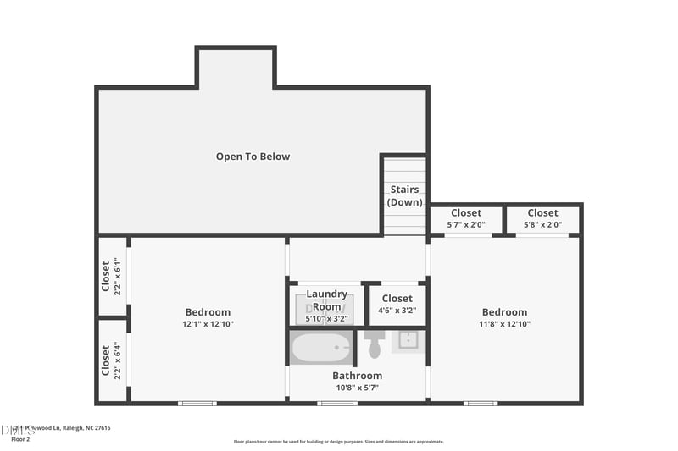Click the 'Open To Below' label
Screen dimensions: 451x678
253,157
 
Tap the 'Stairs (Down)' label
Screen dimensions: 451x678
404,196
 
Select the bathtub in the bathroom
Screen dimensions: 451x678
321,348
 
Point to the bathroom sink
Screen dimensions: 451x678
407,340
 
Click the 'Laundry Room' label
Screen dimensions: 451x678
326,300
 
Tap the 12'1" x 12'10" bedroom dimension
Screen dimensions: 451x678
208,324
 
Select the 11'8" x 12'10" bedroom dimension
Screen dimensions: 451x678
504,324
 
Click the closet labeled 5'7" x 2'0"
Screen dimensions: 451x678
466,219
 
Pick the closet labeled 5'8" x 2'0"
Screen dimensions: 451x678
542,219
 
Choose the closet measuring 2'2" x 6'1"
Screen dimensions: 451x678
112,276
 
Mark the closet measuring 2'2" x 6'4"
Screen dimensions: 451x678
112,360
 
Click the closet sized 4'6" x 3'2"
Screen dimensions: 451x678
397,304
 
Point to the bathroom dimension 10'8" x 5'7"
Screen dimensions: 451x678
357,388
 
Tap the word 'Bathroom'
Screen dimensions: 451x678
357,376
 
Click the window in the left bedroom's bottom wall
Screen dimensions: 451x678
197,403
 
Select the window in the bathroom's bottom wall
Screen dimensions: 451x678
336,403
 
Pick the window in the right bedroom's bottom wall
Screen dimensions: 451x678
481,403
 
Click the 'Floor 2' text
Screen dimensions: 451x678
19,439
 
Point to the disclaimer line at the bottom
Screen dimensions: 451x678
339,441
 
